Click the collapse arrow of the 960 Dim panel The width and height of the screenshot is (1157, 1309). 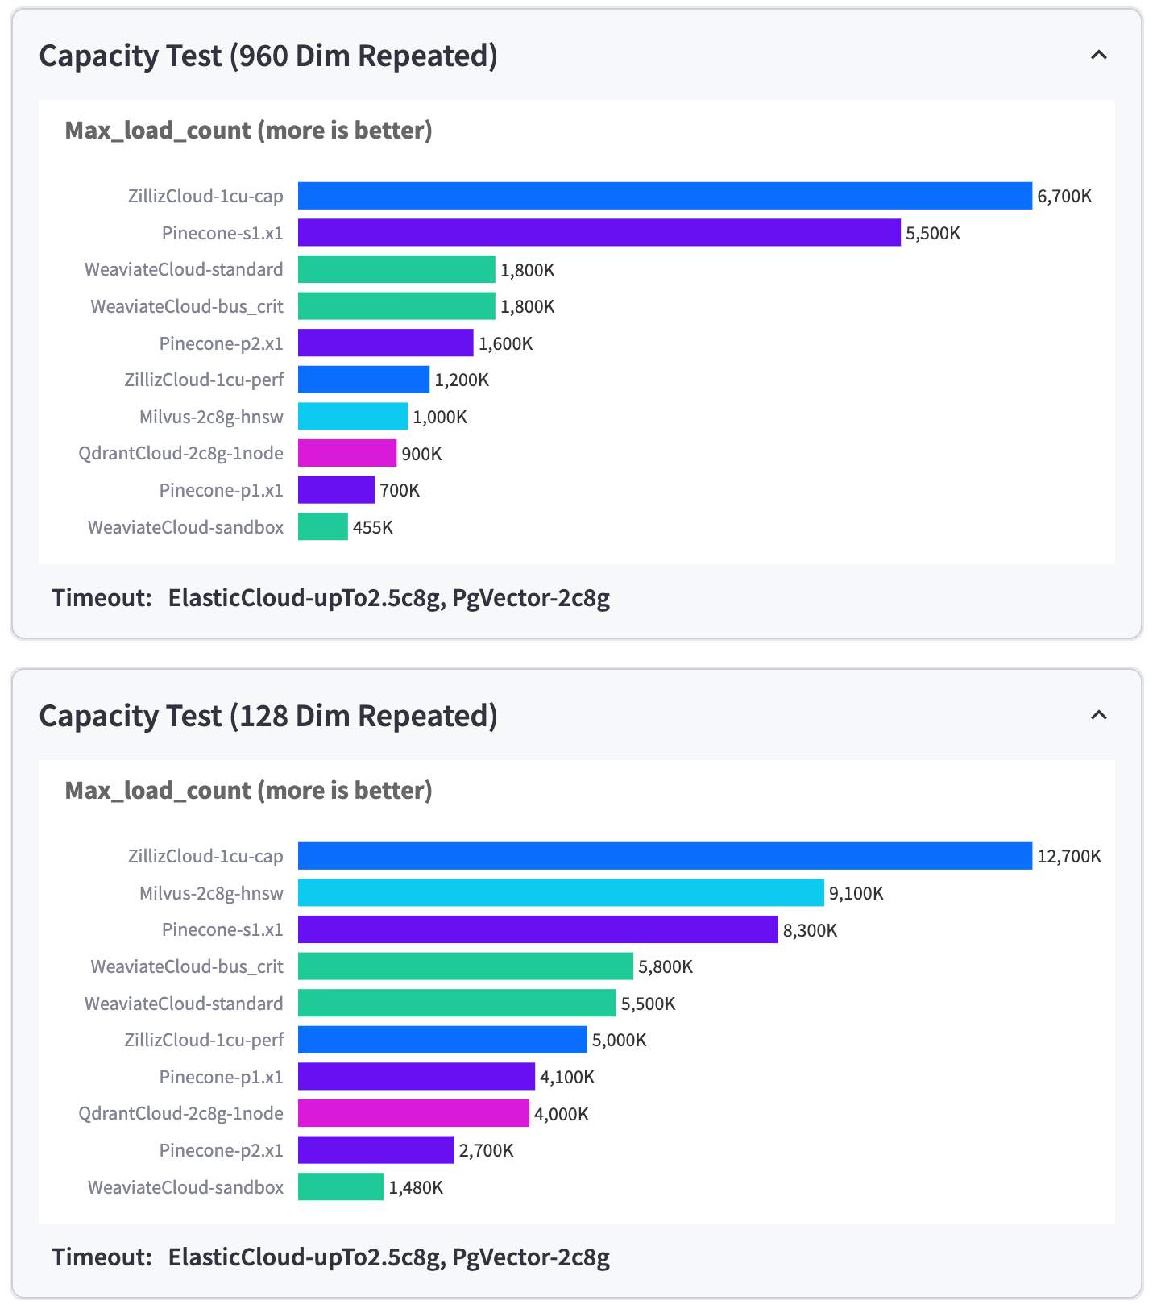(1098, 55)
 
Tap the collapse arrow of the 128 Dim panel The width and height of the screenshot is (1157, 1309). (1098, 715)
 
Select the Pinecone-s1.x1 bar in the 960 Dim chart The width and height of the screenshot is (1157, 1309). (599, 233)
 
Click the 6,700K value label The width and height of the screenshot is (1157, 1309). (1064, 196)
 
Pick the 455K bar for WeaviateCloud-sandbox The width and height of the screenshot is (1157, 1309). (323, 527)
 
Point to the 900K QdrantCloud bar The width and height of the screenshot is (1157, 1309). (347, 454)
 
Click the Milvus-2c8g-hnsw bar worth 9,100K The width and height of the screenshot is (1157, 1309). (561, 893)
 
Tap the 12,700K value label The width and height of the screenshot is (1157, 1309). (1069, 856)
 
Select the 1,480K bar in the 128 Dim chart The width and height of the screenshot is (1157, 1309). (341, 1187)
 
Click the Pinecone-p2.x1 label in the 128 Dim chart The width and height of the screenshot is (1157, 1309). (222, 1150)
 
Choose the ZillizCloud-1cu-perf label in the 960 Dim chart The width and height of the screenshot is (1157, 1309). (204, 380)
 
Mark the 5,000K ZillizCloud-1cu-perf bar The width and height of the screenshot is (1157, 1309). (442, 1040)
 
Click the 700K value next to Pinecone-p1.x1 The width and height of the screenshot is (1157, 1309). (400, 490)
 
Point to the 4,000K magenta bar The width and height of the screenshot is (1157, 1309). (413, 1114)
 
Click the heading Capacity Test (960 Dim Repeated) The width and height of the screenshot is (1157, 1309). (268, 56)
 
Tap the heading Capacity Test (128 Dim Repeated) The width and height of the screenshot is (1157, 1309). (268, 716)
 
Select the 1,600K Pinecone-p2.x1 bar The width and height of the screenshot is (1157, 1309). (385, 343)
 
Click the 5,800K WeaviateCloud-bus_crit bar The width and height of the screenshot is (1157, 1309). (466, 966)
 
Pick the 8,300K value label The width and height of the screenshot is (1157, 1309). (810, 930)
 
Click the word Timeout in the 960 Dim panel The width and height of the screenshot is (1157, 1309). (102, 598)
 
